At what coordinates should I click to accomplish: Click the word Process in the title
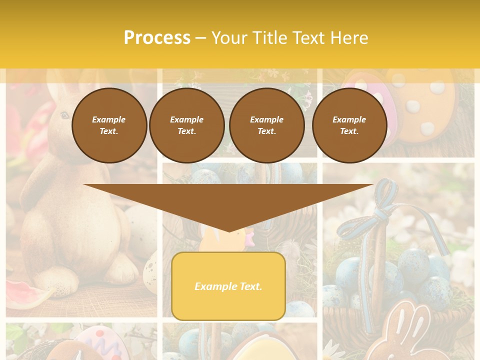(x=157, y=38)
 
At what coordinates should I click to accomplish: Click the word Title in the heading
(x=269, y=38)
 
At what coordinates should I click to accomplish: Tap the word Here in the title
(x=349, y=38)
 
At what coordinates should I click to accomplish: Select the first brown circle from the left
(x=109, y=125)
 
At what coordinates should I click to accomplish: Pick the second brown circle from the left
(x=186, y=125)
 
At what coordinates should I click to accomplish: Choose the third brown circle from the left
(x=266, y=125)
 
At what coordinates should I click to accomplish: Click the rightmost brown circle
(x=349, y=125)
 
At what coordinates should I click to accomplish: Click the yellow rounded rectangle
(x=228, y=305)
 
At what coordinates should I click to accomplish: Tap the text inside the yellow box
(x=228, y=286)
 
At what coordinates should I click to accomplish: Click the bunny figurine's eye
(x=64, y=115)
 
